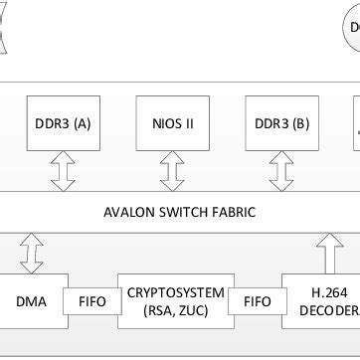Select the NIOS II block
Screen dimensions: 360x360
pyautogui.click(x=174, y=123)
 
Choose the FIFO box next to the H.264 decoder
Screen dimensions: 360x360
pyautogui.click(x=257, y=298)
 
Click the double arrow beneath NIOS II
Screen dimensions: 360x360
pyautogui.click(x=174, y=171)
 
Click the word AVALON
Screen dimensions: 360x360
pyautogui.click(x=132, y=211)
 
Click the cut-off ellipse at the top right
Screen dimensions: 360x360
pyautogui.click(x=352, y=30)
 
